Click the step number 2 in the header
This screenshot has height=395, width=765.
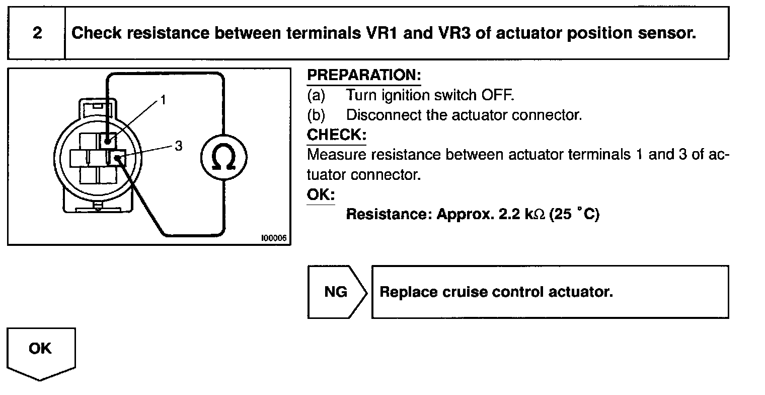coord(37,34)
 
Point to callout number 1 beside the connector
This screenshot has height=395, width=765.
coord(163,100)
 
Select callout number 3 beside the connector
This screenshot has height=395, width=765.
coord(178,146)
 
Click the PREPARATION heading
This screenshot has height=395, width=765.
coord(363,76)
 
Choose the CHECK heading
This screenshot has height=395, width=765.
coord(337,135)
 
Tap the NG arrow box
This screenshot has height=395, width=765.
coord(336,292)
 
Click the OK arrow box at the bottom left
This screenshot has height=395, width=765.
coord(40,349)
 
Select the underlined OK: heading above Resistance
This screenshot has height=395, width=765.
coord(321,195)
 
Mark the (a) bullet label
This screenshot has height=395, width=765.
coord(316,95)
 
